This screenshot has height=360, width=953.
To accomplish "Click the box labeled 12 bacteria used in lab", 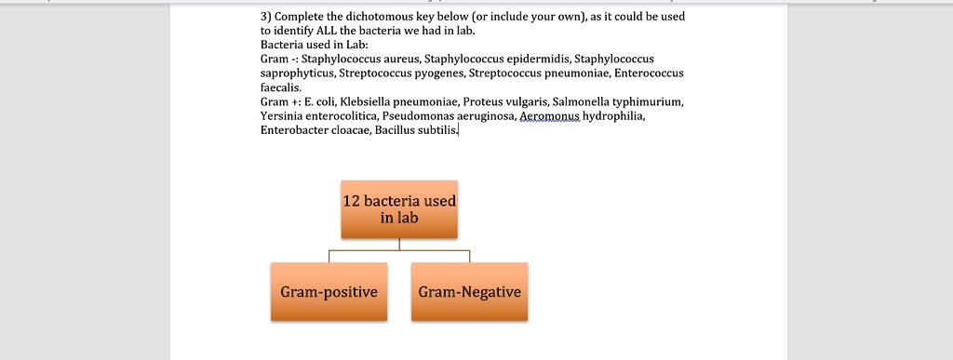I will (399, 208).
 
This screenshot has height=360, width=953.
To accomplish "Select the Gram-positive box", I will (329, 292).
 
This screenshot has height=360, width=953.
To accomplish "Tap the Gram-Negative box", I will (469, 292).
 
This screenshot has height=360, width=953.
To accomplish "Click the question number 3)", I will (266, 17).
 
